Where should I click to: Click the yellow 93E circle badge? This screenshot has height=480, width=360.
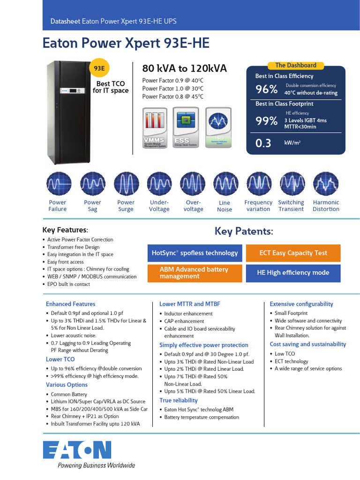pos(99,68)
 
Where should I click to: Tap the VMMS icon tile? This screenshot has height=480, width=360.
pos(155,127)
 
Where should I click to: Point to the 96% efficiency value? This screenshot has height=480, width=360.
pos(266,89)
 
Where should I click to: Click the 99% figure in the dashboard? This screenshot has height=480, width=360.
pos(266,121)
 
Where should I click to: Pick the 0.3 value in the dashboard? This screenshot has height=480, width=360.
pos(263,143)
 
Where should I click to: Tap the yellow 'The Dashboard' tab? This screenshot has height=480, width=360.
pos(295,66)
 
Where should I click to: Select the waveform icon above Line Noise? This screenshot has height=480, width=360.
pos(225,184)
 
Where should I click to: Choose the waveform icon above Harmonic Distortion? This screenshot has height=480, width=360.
pos(325,184)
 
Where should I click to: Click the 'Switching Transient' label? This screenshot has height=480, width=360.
pos(291,206)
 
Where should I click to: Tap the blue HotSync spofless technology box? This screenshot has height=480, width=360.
pos(195,253)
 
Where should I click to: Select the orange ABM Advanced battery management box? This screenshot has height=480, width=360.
pos(195,273)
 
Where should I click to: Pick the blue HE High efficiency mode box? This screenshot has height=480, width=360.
pos(293,273)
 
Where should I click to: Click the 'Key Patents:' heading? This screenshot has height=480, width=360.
pos(244,232)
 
